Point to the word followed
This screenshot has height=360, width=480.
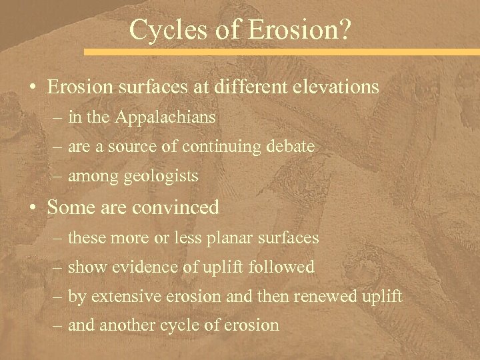(282, 267)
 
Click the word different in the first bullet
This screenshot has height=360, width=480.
(245, 87)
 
